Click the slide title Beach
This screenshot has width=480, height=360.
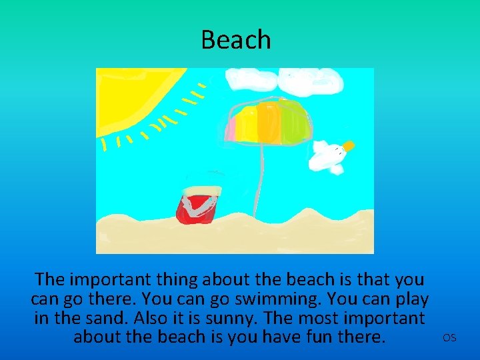(x=236, y=40)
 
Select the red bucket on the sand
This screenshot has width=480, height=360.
(x=197, y=205)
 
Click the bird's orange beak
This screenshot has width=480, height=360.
(x=349, y=145)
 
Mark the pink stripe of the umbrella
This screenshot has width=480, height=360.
(x=234, y=124)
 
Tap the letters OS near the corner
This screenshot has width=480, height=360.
(x=449, y=338)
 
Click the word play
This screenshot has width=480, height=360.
(x=407, y=299)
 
